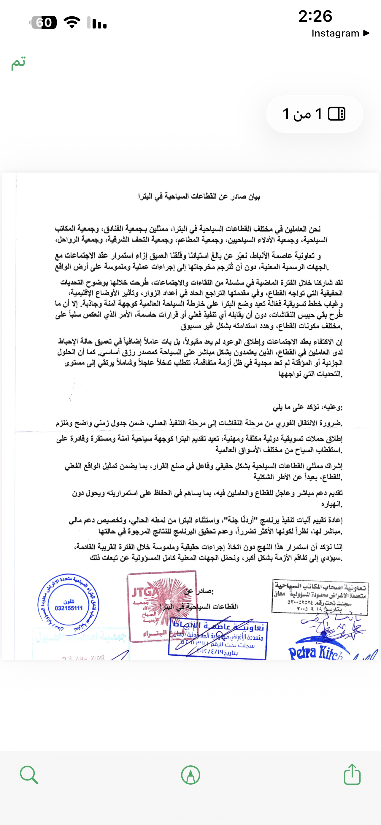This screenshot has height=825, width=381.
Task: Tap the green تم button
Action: coord(18,63)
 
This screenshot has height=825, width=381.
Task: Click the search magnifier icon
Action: coord(29,775)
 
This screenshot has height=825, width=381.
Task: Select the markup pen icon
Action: coord(191,775)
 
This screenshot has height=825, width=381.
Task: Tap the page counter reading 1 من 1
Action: coord(315,114)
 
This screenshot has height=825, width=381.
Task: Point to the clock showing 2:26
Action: coord(315,16)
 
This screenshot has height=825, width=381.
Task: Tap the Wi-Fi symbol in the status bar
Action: coord(72,22)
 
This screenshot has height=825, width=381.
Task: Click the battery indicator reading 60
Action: coord(44,22)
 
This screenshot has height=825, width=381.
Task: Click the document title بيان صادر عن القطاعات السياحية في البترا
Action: coord(199,197)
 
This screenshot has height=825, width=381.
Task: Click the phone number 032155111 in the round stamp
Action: coord(69,608)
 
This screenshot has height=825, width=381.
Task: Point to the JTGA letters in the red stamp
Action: coord(146,592)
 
